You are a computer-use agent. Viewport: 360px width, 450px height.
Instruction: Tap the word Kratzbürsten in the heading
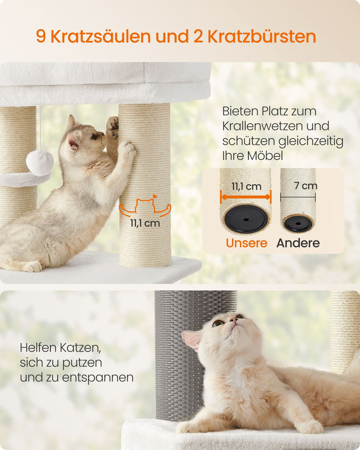262,36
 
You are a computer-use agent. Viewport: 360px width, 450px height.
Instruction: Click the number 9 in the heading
41,36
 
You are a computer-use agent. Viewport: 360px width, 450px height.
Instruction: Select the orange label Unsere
246,243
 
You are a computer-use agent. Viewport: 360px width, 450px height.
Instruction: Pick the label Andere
298,243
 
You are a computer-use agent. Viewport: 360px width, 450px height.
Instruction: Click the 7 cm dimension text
306,186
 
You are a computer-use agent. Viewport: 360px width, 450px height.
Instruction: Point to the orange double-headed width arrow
245,197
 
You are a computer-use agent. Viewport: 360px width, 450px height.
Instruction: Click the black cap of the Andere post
298,224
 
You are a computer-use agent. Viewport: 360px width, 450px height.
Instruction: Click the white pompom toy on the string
40,163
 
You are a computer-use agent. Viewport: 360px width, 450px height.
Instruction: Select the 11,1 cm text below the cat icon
145,223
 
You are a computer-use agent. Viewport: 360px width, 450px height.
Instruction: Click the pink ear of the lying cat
191,339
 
